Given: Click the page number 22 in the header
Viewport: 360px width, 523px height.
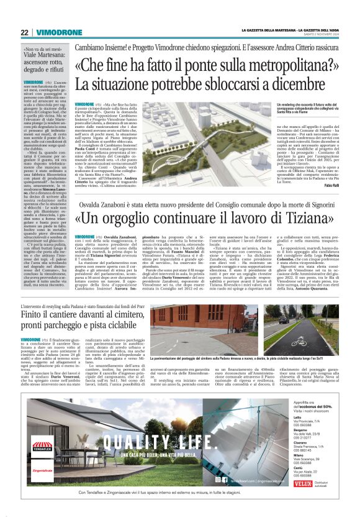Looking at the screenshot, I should pos(24,32).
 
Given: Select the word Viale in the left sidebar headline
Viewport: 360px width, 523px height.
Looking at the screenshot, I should pos(33,61).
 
